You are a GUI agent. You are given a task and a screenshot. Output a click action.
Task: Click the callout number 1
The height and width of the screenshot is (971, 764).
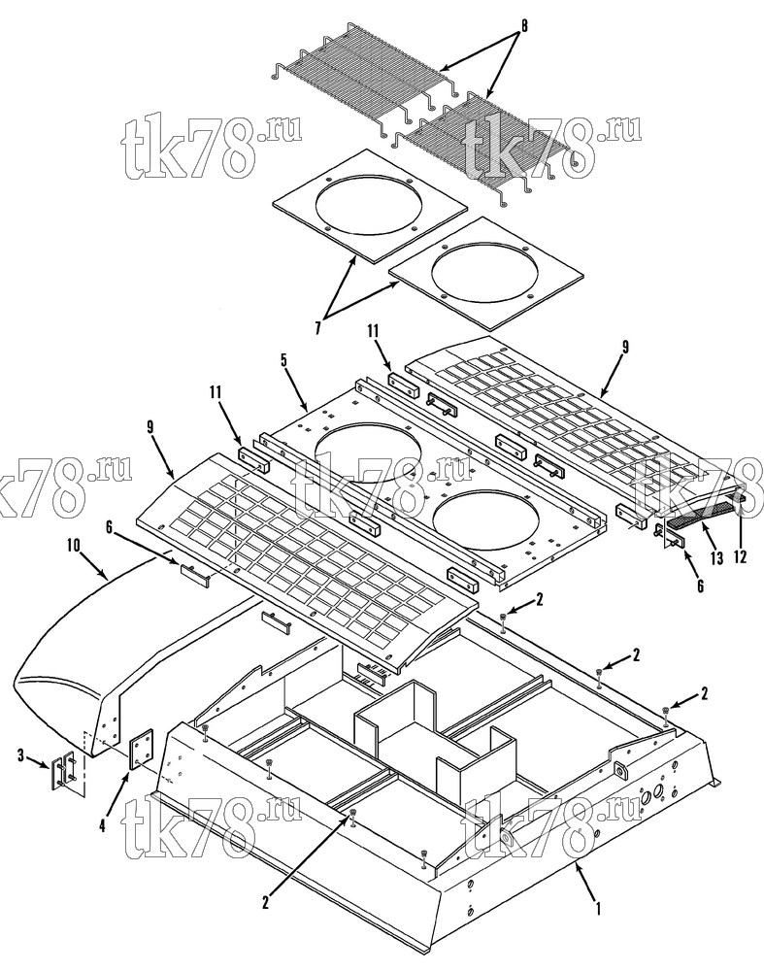click(x=597, y=909)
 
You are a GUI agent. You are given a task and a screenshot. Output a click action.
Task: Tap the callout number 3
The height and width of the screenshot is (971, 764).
click(x=21, y=755)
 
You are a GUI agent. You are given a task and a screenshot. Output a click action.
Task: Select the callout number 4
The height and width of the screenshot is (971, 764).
click(x=103, y=825)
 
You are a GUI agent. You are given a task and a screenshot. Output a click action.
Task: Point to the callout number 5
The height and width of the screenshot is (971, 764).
click(x=284, y=360)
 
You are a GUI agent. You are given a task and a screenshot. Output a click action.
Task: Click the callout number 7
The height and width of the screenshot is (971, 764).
click(x=317, y=327)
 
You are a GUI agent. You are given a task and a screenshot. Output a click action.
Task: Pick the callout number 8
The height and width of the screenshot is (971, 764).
click(x=524, y=26)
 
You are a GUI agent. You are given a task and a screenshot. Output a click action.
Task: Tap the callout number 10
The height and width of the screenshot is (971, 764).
click(x=73, y=546)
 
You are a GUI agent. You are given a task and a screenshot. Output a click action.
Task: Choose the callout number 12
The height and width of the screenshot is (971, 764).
click(x=740, y=556)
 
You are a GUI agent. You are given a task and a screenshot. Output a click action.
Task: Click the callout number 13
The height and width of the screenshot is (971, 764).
click(x=716, y=559)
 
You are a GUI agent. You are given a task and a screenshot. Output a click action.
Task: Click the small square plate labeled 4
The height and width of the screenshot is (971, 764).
click(x=141, y=748)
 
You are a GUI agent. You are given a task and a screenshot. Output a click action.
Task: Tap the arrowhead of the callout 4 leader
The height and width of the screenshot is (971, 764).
click(x=128, y=774)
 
